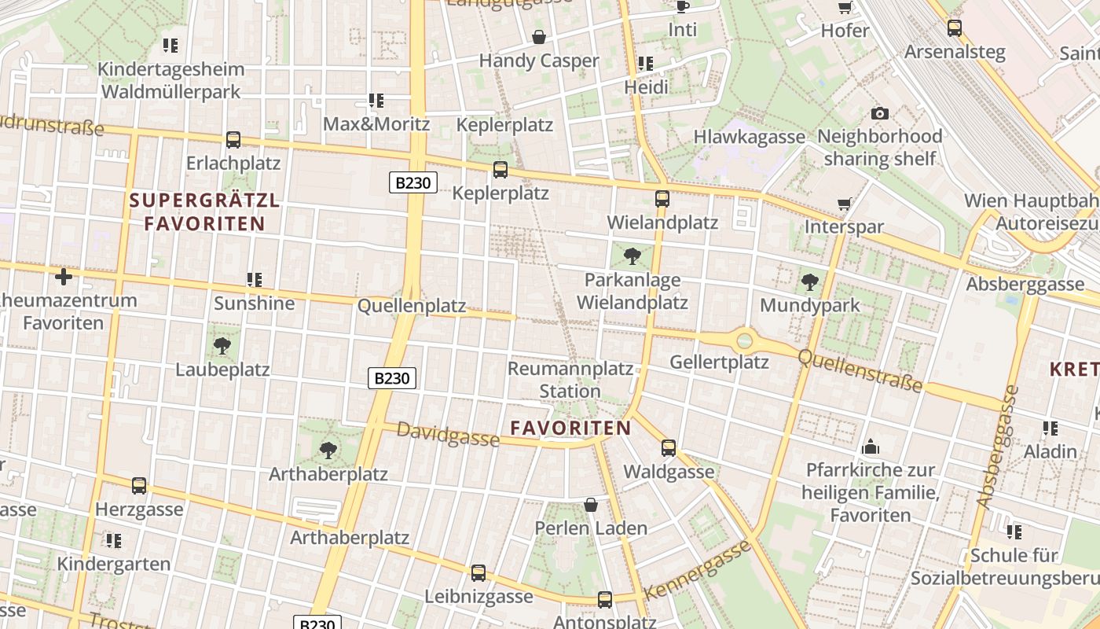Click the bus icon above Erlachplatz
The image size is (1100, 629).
(233, 140)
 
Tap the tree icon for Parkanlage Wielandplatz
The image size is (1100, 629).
(632, 256)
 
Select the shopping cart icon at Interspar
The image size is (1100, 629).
(845, 204)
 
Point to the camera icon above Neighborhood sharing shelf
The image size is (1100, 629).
(880, 113)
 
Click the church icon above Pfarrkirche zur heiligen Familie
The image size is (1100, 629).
(871, 447)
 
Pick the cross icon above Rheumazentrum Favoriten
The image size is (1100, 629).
(64, 277)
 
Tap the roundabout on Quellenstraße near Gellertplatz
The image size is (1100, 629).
(744, 341)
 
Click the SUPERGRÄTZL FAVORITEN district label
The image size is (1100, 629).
(204, 212)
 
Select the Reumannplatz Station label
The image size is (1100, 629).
(570, 379)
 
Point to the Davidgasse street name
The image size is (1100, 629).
(448, 434)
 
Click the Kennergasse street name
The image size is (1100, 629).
(697, 570)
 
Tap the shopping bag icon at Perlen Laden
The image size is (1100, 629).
(591, 505)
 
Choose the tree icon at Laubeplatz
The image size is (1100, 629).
(222, 345)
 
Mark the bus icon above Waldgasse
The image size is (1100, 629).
(669, 448)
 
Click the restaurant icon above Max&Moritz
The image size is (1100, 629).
(376, 101)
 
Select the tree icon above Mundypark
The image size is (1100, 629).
(810, 282)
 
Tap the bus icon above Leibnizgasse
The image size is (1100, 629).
(478, 573)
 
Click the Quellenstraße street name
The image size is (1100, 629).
(860, 370)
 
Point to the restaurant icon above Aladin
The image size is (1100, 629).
(1050, 429)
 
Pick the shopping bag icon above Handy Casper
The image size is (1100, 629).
(539, 37)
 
